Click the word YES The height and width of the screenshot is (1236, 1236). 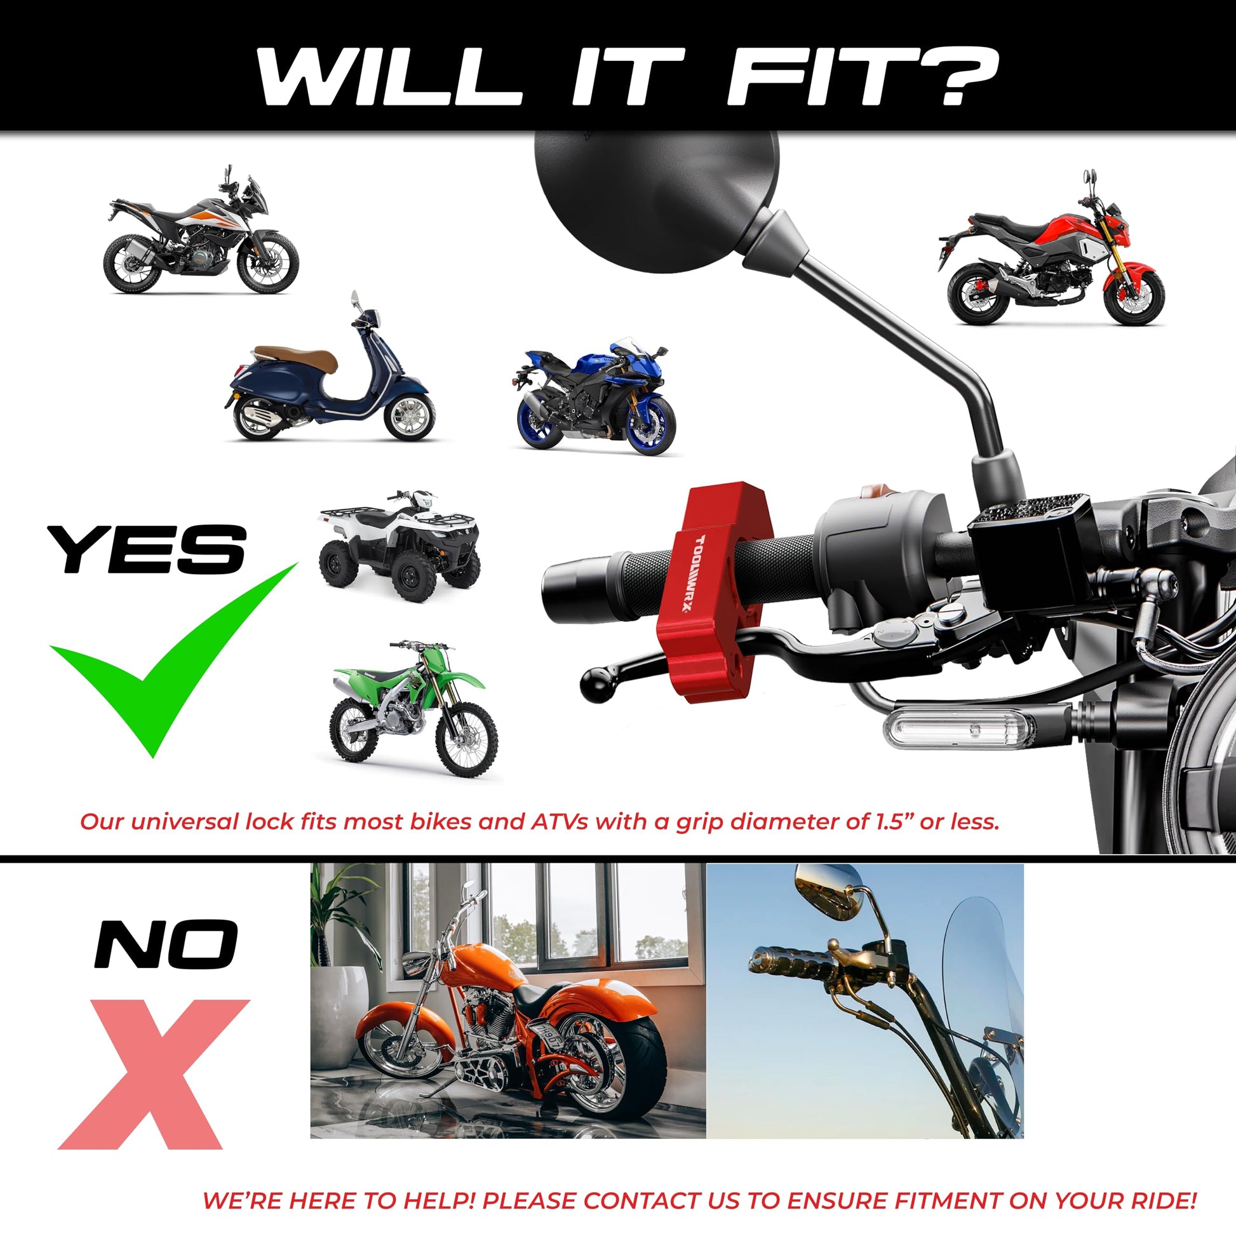(x=147, y=548)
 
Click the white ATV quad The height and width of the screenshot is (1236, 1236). (x=400, y=546)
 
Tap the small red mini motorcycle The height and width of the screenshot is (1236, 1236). (x=1051, y=253)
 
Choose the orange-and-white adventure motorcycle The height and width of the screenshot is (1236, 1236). (x=200, y=232)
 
